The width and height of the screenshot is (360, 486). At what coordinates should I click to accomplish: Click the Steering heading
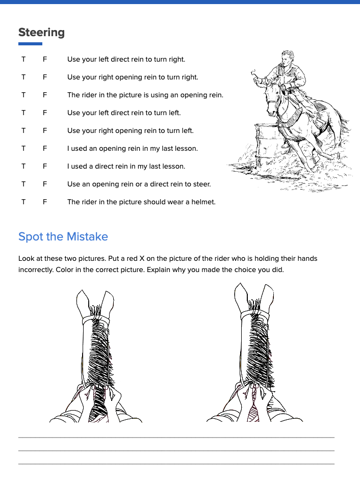[x=41, y=33]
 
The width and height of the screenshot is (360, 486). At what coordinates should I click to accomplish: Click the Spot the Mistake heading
[x=63, y=237]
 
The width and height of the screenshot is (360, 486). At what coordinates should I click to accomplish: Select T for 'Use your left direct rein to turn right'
[x=23, y=60]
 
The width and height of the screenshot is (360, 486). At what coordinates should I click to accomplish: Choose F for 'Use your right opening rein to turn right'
[x=45, y=77]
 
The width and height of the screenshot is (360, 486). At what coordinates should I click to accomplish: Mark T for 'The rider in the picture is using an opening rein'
[x=23, y=95]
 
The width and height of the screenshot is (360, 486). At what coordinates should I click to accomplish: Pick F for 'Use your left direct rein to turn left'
[x=45, y=113]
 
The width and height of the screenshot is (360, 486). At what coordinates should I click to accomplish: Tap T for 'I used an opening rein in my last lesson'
[x=23, y=149]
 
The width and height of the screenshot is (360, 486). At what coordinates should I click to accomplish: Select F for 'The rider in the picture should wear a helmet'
[x=45, y=202]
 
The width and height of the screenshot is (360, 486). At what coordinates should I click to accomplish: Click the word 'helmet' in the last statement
[x=203, y=202]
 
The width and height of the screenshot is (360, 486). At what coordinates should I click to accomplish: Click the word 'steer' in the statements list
[x=201, y=184]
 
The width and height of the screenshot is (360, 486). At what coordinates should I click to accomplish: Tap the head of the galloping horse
[x=274, y=99]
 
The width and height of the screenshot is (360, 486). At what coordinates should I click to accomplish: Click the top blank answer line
[x=176, y=437]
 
